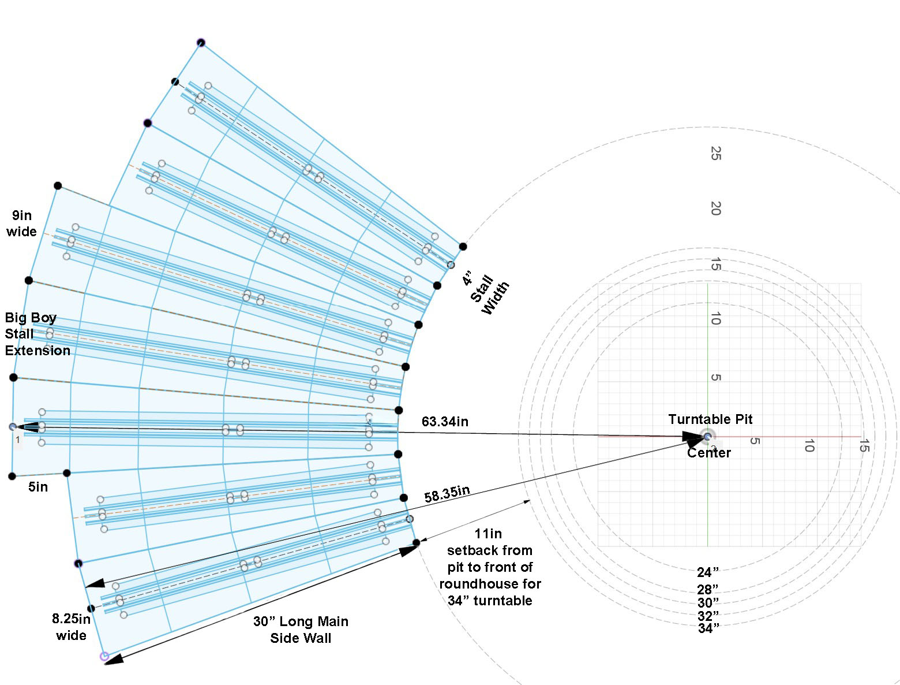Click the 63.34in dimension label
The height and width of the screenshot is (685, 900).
(x=445, y=422)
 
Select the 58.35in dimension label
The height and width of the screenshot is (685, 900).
(x=447, y=494)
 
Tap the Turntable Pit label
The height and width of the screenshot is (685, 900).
(x=710, y=419)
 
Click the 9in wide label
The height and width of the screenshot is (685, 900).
(x=21, y=224)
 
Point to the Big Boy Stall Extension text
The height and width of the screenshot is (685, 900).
(x=37, y=334)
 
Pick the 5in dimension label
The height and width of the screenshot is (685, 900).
(x=38, y=487)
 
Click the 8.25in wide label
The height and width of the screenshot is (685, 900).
(x=71, y=627)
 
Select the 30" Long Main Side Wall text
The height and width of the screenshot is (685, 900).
(x=301, y=630)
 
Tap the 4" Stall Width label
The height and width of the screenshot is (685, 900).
(x=486, y=293)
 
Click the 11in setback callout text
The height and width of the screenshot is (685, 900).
(x=490, y=567)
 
